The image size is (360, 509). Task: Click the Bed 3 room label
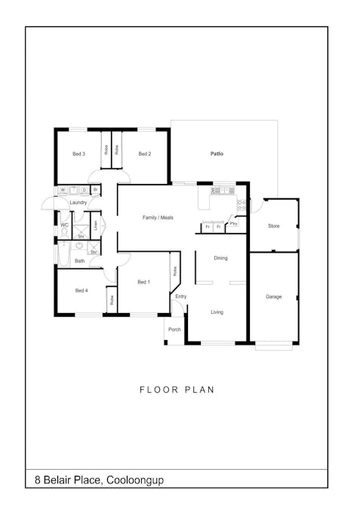[78, 154]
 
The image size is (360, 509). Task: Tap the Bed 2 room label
[145, 154]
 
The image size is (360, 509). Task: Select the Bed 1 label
[143, 282]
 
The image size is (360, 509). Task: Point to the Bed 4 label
[82, 290]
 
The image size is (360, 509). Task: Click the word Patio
[217, 154]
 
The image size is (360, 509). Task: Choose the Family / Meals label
[158, 217]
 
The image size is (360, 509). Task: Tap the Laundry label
[78, 203]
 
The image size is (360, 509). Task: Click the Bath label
[79, 261]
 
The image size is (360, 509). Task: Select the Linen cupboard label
[96, 225]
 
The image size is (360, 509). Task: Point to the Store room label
[274, 225]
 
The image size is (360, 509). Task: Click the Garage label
[273, 296]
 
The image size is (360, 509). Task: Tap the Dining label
[220, 258]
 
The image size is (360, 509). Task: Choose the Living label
[217, 311]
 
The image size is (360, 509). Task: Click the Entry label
[181, 296]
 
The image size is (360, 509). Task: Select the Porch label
[174, 330]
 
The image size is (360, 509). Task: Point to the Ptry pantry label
[234, 224]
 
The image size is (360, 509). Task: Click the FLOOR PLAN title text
[177, 390]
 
